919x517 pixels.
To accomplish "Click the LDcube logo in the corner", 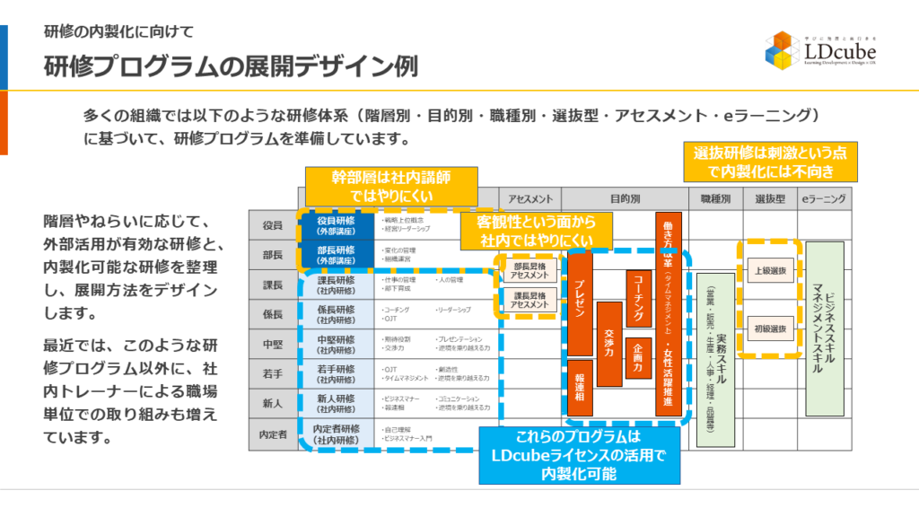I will pyautogui.click(x=818, y=51).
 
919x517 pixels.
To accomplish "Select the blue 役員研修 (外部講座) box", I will pyautogui.click(x=337, y=224).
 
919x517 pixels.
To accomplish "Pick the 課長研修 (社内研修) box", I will pyautogui.click(x=337, y=285).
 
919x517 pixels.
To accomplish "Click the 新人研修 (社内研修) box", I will pyautogui.click(x=337, y=403).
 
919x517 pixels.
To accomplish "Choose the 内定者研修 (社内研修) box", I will pyautogui.click(x=337, y=434).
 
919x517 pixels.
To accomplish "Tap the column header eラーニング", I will pyautogui.click(x=824, y=198).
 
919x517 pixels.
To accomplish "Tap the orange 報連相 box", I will pyautogui.click(x=581, y=386).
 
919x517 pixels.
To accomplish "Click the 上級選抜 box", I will pyautogui.click(x=768, y=270).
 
